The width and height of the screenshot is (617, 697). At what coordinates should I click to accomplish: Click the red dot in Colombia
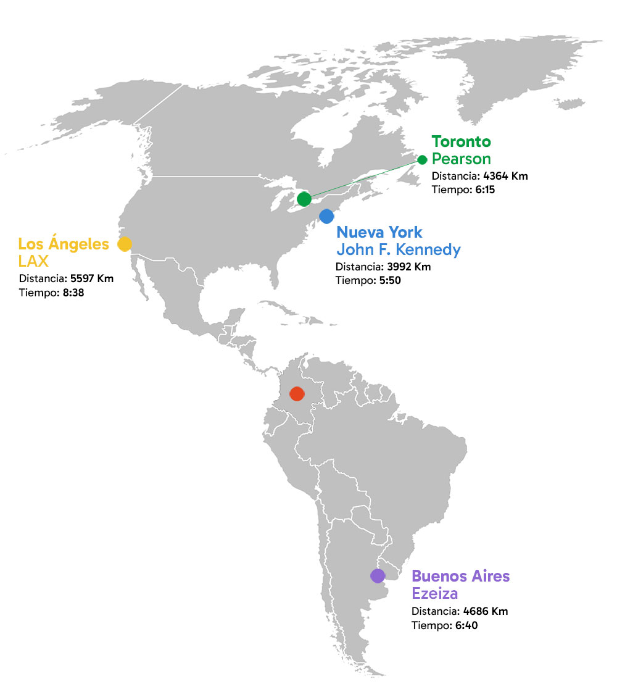[x=296, y=393]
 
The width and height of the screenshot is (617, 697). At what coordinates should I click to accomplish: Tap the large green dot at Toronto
[x=304, y=199]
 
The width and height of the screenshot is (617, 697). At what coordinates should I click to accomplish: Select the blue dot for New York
[x=326, y=216]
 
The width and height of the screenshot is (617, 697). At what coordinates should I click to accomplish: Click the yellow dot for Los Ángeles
[x=125, y=244]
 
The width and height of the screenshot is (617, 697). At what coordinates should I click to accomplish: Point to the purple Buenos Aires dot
[x=378, y=575]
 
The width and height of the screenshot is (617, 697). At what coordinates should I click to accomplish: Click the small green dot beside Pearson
[x=422, y=160]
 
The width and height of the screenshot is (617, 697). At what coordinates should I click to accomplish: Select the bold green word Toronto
[x=461, y=141]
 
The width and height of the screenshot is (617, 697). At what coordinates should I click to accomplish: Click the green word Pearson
[x=461, y=159]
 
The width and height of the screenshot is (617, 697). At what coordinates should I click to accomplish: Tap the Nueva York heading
[x=379, y=233]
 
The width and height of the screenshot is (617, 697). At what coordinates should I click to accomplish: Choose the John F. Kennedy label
[x=398, y=250]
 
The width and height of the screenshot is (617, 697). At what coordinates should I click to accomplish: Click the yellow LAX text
[x=33, y=261]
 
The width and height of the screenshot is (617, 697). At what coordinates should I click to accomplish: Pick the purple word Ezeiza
[x=435, y=594]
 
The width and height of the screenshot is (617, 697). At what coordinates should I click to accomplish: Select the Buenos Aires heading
[x=461, y=577]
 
